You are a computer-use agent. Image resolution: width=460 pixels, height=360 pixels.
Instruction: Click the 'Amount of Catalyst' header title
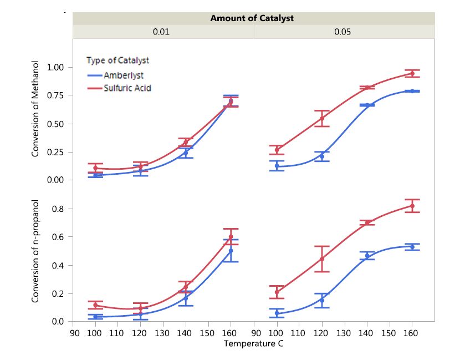(252, 18)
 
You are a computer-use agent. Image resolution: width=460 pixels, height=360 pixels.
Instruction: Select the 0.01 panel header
(161, 32)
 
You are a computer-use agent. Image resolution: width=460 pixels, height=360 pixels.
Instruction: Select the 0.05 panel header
(343, 32)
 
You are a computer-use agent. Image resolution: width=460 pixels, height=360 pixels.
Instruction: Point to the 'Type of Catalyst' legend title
(117, 60)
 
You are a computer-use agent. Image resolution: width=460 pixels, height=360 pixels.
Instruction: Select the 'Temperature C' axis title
(253, 343)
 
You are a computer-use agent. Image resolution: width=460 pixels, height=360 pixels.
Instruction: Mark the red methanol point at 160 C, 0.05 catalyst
(412, 73)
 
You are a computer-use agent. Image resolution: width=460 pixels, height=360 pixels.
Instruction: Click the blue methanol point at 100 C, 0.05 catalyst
(277, 166)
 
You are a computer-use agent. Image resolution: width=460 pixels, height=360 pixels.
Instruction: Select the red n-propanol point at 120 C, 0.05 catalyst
(321, 259)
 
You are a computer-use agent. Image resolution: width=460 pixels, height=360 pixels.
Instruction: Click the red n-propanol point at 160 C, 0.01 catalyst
(231, 237)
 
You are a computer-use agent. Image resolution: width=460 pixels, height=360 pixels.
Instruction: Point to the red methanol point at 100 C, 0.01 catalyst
(95, 168)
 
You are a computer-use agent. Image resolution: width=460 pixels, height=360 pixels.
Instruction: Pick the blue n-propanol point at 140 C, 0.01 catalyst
(186, 298)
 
